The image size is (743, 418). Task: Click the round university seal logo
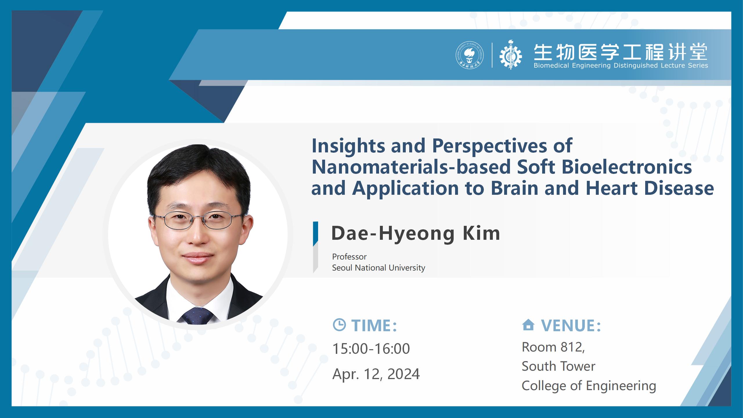point(470,55)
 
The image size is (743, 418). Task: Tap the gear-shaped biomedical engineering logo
point(511,55)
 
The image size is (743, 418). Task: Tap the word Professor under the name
point(349,257)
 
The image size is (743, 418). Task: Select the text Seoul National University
point(378,268)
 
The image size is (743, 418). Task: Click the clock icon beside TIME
point(339,325)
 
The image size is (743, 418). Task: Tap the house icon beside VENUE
point(528,325)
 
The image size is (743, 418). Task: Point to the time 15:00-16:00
point(371,348)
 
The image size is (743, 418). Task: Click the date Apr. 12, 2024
point(376,374)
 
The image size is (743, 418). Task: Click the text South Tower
point(558,366)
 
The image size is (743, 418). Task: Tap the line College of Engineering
point(589,386)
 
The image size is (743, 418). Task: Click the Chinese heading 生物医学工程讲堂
point(621,53)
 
